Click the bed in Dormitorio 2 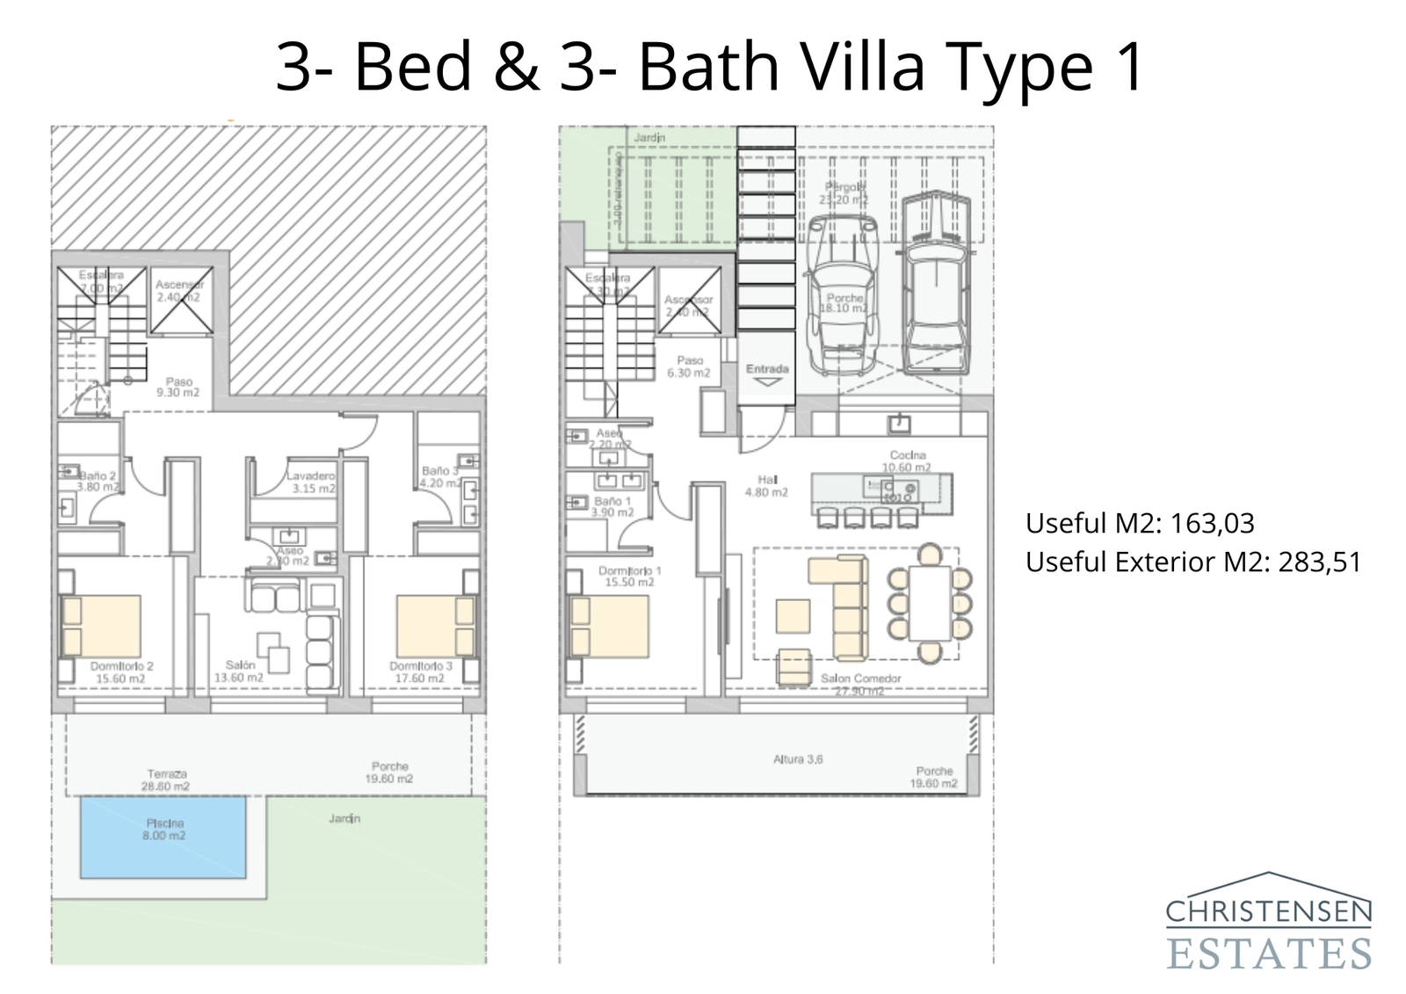101,626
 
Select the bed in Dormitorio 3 435,626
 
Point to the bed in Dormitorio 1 609,626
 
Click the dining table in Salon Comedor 930,603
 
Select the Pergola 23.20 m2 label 844,193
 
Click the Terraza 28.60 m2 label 166,780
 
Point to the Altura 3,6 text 798,759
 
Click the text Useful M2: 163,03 1140,524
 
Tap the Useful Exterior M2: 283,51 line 1192,562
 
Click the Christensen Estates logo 1268,923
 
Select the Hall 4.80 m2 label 767,486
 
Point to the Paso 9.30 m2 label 178,387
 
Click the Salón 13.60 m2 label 239,671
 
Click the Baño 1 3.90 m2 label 612,506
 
